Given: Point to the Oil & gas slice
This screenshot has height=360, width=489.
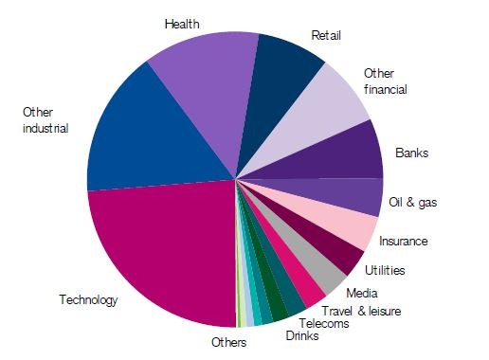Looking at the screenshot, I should [x=360, y=196].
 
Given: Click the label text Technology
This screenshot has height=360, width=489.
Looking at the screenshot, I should [x=88, y=301].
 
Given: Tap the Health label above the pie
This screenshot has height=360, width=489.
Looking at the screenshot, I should [x=181, y=24].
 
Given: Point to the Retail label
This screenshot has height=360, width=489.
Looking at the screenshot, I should [x=326, y=36].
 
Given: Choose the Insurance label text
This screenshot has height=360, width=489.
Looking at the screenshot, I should [x=405, y=242].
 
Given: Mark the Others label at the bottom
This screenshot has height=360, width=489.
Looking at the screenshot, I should [x=228, y=342].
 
